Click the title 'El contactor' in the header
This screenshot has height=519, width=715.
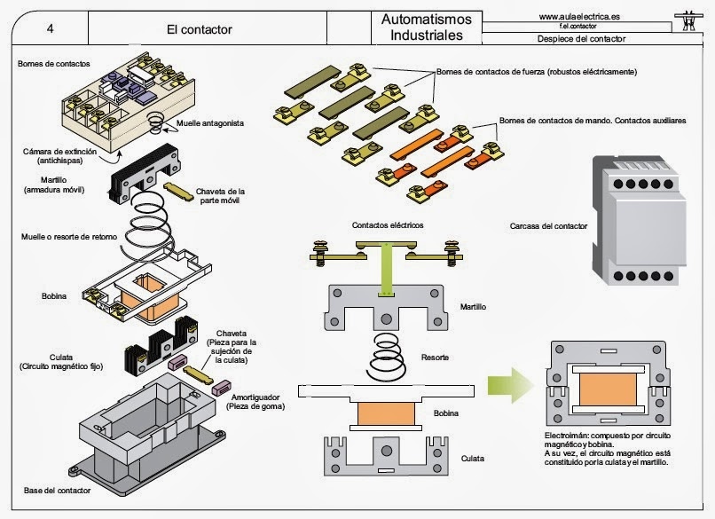199,28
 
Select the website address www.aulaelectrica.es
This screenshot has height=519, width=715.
579,16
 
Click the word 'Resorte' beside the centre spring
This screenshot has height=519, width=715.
434,358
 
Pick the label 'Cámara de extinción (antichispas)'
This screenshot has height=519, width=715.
55,155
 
